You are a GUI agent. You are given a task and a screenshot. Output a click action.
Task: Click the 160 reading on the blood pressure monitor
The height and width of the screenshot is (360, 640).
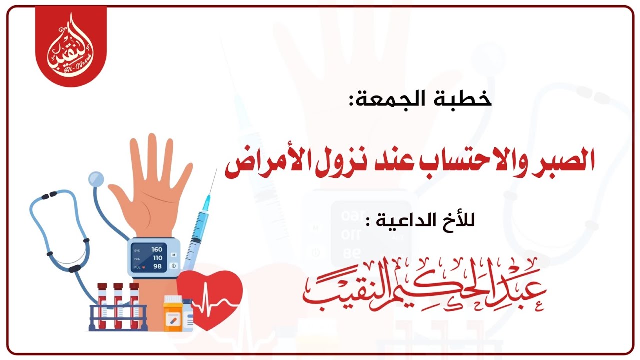(x=157, y=249)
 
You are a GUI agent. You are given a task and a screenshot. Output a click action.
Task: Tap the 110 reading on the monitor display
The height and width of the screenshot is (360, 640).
(x=157, y=258)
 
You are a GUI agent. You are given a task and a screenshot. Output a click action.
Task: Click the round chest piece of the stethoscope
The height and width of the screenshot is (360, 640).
(x=96, y=178)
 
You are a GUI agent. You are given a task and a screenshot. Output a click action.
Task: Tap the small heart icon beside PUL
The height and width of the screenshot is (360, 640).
(x=143, y=267)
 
